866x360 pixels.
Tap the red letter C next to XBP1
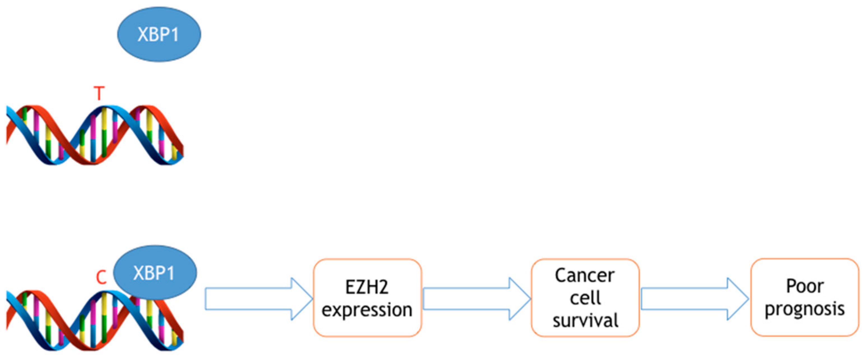(x=101, y=278)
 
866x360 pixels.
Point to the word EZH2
(x=367, y=287)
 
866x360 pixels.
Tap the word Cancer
(x=585, y=276)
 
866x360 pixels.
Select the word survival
(x=585, y=320)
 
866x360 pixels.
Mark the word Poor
(x=805, y=286)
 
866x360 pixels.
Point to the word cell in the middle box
(x=585, y=298)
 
